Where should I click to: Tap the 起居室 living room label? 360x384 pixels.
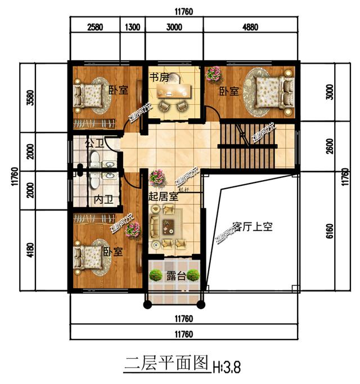[164, 197]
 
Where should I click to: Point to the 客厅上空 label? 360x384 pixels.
[252, 227]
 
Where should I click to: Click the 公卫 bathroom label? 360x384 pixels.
[93, 144]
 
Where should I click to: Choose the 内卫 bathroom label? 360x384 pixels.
[101, 199]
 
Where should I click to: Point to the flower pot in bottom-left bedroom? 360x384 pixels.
[133, 230]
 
